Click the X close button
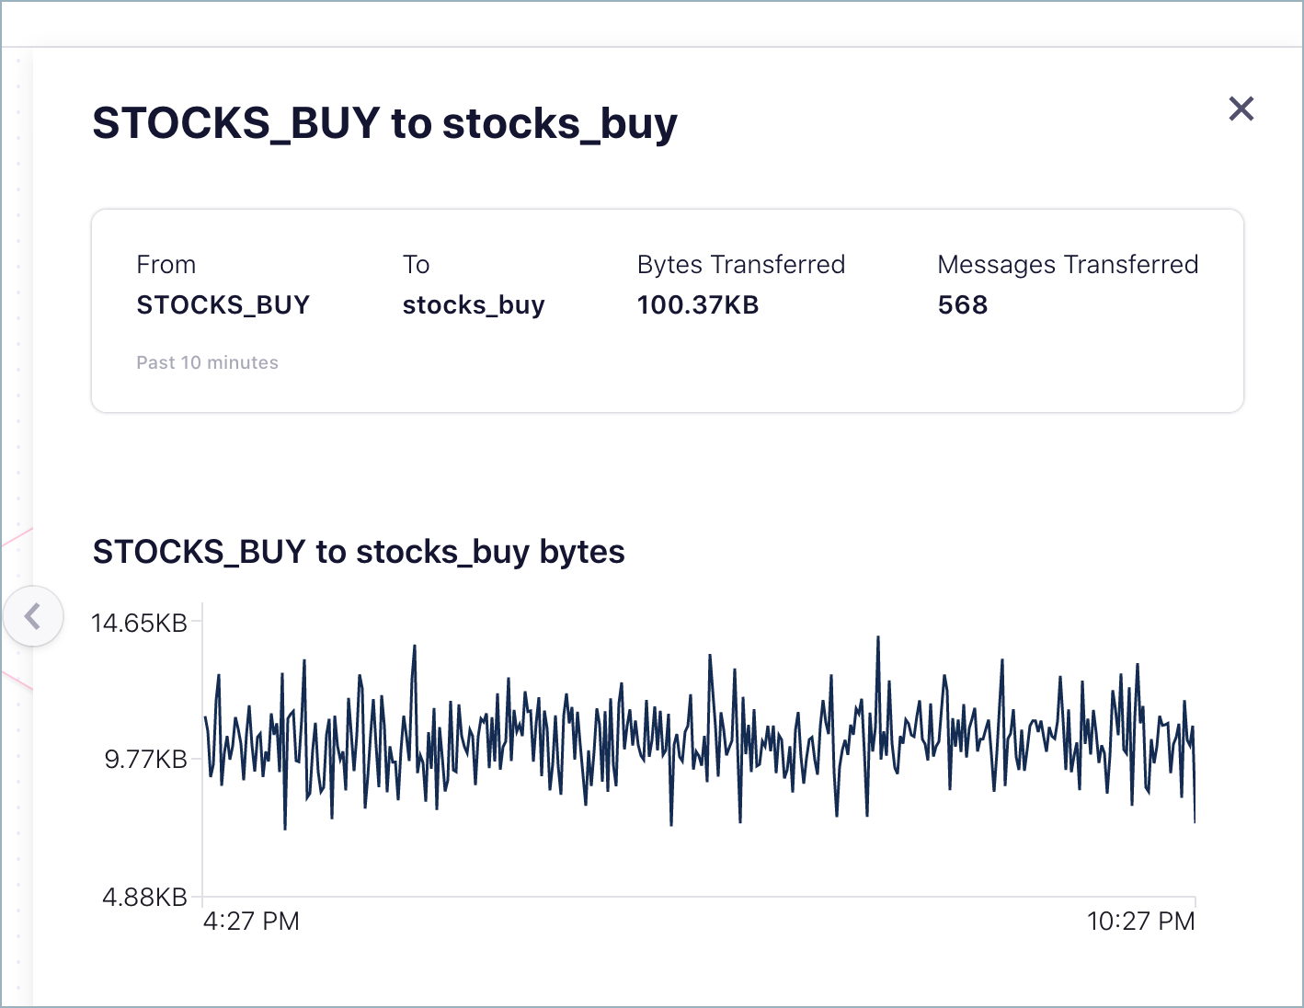coord(1241,109)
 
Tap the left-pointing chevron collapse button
coord(33,615)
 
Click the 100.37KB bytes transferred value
coord(698,304)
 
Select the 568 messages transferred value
coord(962,304)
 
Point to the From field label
coord(166,265)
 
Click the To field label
coord(416,265)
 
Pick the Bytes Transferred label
coord(740,265)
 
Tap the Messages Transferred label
coord(1067,265)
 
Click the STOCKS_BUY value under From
coord(223,304)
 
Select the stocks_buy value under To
coord(474,305)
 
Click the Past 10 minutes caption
coord(207,362)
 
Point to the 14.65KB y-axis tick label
coord(139,623)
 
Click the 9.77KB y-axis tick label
coord(145,759)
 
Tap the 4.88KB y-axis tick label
coord(144,897)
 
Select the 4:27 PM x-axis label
coord(251,921)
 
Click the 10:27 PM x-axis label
coord(1140,921)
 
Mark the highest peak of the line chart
coord(878,636)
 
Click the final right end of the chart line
coord(1195,821)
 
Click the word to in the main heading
coord(411,123)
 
